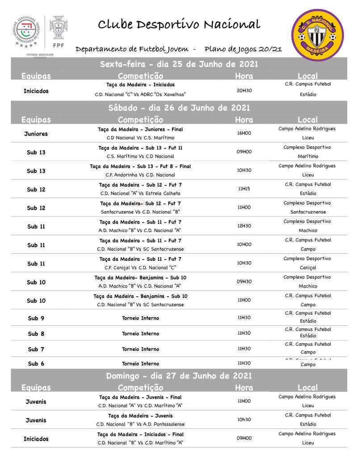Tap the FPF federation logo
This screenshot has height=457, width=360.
pos(58,32)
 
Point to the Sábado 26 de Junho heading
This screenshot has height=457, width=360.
pos(179,108)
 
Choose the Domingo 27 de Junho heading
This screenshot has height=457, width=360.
pos(179,376)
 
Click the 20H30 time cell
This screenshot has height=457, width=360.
pos(244,90)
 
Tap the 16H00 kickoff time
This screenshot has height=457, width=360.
pos(244,133)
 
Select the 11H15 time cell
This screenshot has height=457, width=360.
pos(244,189)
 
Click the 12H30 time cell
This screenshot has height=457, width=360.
pos(244,226)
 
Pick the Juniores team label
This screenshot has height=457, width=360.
pos(36,133)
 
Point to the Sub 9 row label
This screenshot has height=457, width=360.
pos(36,318)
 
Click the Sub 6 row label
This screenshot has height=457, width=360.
pos(36,363)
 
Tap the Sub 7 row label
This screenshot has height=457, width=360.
pos(36,349)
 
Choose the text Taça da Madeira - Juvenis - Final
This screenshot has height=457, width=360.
pos(140,397)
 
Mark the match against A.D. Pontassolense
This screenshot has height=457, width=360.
pos(140,424)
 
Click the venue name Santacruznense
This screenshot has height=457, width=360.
pos(308,212)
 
